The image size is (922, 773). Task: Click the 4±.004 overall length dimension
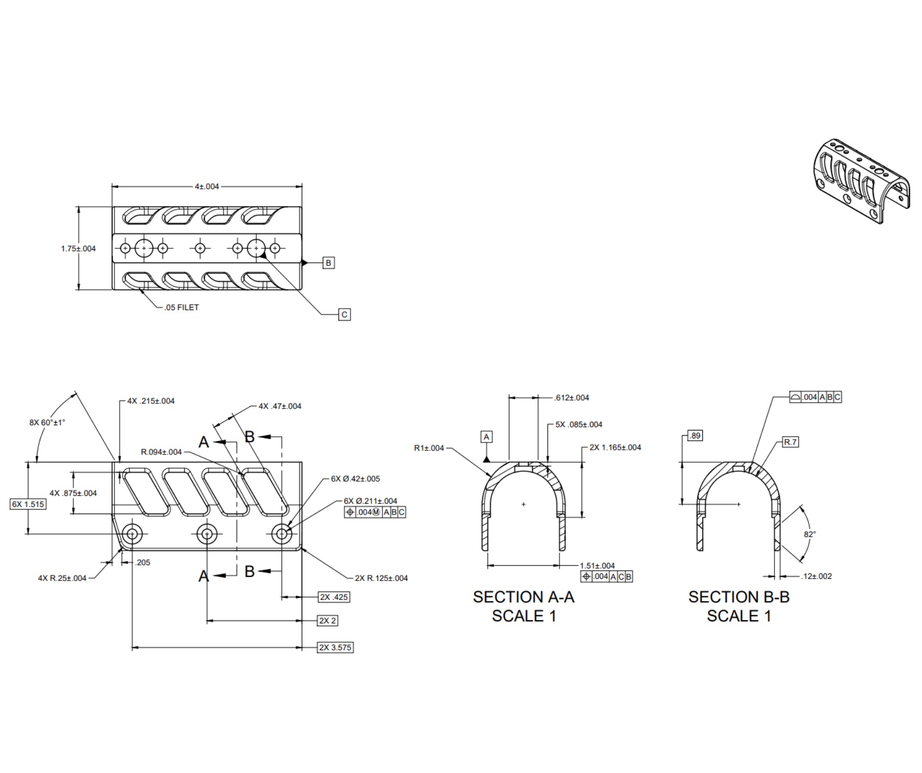[207, 186]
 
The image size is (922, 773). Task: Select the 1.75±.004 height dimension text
[78, 248]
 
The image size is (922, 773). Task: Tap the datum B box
[328, 263]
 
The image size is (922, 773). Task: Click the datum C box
[344, 314]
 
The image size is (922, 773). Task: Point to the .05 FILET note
[181, 308]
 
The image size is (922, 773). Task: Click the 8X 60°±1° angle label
[47, 422]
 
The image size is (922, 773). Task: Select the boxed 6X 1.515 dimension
[28, 504]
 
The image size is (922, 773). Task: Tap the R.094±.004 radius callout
[161, 452]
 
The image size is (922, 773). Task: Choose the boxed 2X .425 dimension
[334, 597]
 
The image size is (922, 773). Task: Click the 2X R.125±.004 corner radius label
[381, 578]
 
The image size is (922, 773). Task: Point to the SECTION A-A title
[523, 597]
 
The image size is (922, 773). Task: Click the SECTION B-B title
[738, 597]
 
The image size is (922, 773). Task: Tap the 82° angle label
[810, 534]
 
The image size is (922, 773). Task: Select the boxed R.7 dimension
[790, 442]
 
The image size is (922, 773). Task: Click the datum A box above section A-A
[486, 437]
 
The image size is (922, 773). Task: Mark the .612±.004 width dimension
[571, 397]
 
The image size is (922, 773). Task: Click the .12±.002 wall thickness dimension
[816, 576]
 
